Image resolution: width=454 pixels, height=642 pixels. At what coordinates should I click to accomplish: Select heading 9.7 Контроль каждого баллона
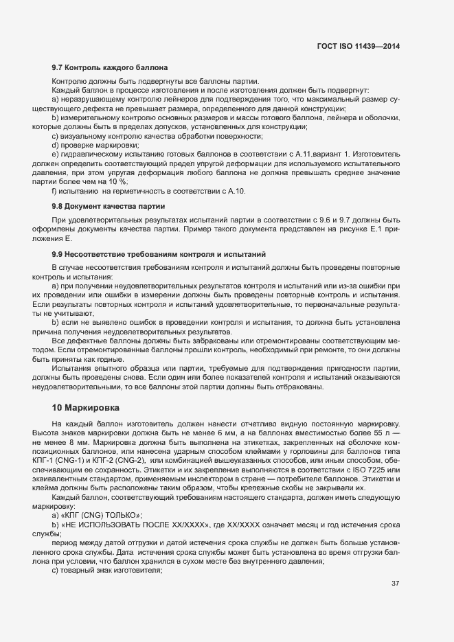point(106,68)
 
